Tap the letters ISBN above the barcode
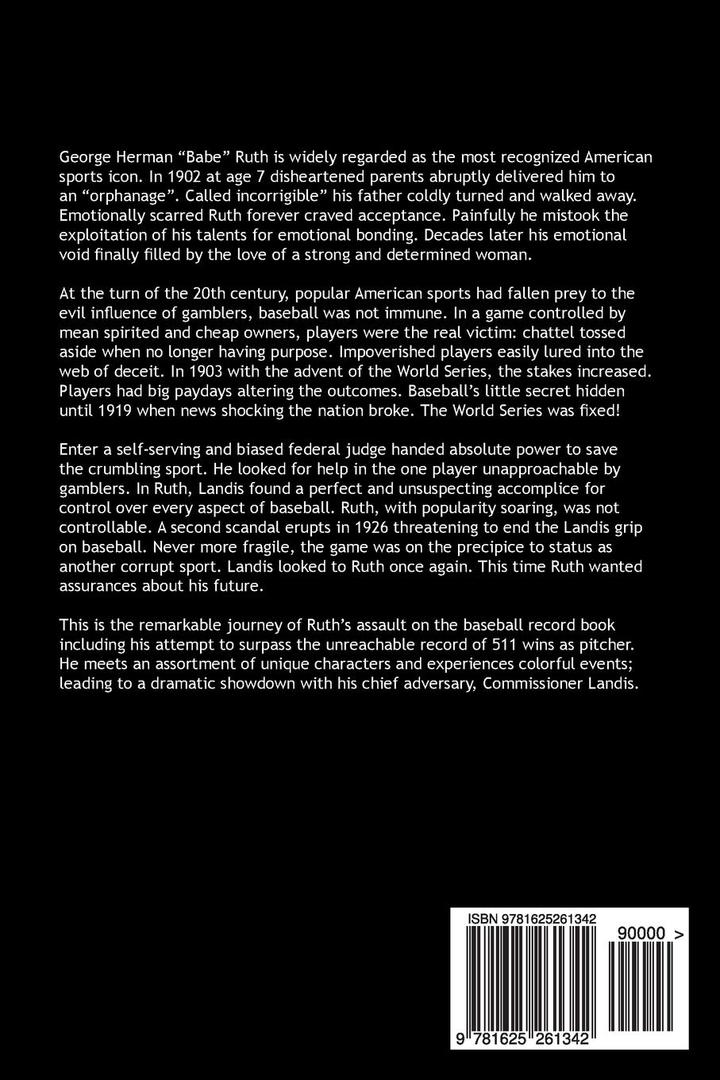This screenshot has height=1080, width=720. (483, 918)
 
